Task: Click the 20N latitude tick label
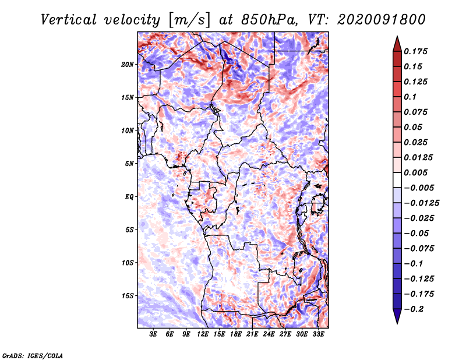(x=128, y=65)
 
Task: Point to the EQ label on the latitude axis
(x=129, y=197)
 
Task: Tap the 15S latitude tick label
(x=128, y=296)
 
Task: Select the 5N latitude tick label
(x=129, y=164)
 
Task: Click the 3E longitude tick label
(x=153, y=334)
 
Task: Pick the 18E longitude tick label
(x=236, y=334)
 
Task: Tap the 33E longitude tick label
(x=318, y=334)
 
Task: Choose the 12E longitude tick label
(x=203, y=334)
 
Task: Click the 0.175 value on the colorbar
(x=415, y=51)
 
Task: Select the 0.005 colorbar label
(x=415, y=172)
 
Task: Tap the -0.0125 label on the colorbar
(x=421, y=203)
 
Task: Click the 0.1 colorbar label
(x=410, y=97)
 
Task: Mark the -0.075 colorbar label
(x=419, y=249)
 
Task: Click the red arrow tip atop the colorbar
(x=397, y=37)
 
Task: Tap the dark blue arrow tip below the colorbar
(x=397, y=323)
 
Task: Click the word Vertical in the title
(x=69, y=20)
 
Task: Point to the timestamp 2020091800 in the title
(x=382, y=20)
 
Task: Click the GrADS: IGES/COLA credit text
(x=33, y=355)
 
